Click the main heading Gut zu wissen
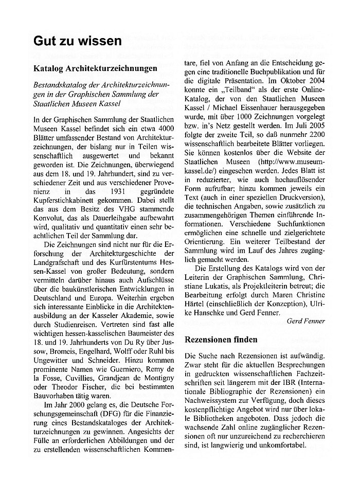78,40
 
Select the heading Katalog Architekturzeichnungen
96,68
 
